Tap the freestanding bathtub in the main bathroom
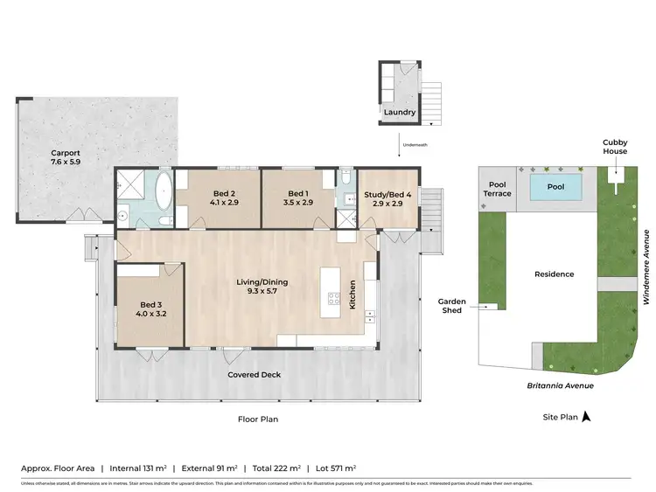tap(164, 191)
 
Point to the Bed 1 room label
tap(298, 197)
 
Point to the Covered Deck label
tap(255, 375)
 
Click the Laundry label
tap(399, 113)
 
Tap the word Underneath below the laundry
tap(415, 144)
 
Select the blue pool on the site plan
tap(555, 187)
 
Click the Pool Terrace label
tap(498, 189)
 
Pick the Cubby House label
tap(615, 146)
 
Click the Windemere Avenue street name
tap(646, 267)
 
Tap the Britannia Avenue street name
tap(560, 385)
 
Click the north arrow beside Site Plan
tap(587, 418)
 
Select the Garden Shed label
tap(452, 306)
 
